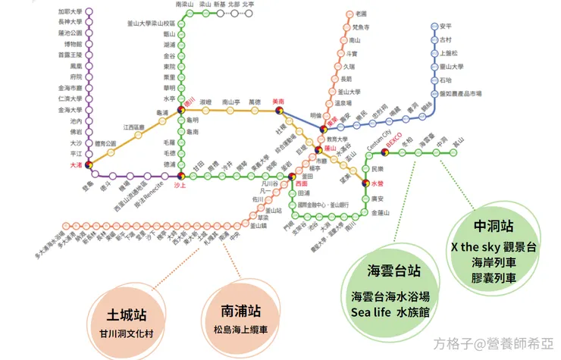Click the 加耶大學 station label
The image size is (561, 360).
click(70, 12)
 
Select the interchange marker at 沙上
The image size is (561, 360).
click(180, 176)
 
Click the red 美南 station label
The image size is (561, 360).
click(278, 102)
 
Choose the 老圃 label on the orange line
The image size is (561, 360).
click(361, 14)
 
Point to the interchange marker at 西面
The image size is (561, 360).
click(292, 177)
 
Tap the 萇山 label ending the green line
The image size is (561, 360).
click(457, 142)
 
